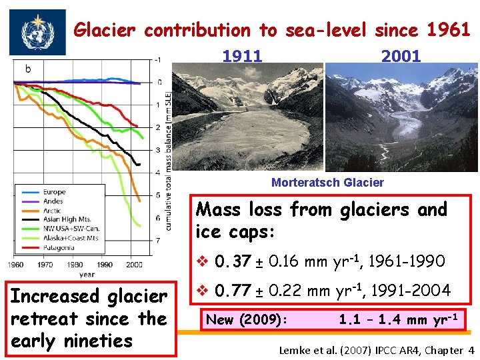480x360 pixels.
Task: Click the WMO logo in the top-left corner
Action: [37, 32]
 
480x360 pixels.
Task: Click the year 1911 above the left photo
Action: [242, 56]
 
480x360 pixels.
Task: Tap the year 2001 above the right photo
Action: [401, 56]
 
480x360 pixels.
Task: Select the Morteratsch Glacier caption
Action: [327, 183]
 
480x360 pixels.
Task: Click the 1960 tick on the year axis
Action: [16, 265]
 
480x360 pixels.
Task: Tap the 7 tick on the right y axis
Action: [157, 240]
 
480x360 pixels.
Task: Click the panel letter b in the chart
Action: [28, 69]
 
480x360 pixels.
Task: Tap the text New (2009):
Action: [246, 320]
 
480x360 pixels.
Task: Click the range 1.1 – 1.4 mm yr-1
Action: [397, 319]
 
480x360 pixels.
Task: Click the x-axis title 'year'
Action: [86, 273]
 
